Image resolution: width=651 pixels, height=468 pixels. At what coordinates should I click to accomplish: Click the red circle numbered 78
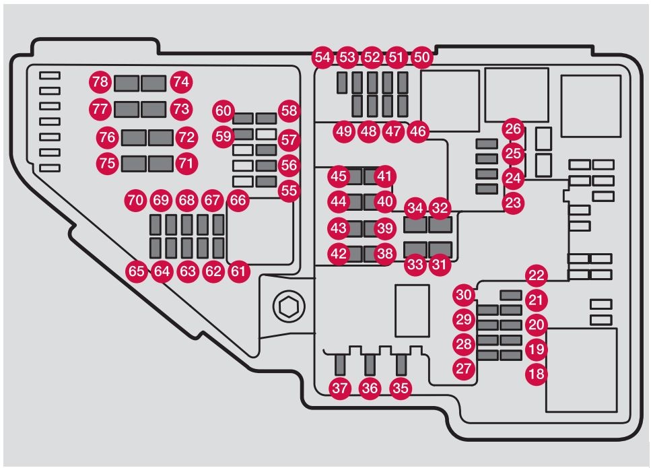(100, 81)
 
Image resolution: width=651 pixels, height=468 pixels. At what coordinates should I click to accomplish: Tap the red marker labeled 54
(322, 57)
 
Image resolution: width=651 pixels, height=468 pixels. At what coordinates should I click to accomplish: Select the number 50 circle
(422, 57)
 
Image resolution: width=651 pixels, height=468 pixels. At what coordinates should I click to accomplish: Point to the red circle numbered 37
(340, 389)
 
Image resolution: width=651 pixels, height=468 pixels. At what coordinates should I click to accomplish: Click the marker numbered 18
(537, 374)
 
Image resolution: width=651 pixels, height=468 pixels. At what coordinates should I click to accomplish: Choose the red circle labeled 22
(537, 275)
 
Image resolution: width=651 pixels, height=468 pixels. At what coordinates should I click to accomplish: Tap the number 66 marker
(238, 201)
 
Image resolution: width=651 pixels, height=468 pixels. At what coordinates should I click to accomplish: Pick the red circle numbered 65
(137, 271)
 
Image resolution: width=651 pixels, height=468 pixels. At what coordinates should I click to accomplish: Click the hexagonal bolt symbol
(289, 306)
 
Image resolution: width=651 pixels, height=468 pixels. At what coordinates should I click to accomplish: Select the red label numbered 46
(418, 131)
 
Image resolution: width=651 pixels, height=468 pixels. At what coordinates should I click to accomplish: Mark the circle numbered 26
(513, 129)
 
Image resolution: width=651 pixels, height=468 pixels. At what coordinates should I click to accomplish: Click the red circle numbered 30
(464, 295)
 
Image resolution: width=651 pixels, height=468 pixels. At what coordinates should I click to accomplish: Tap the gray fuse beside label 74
(153, 83)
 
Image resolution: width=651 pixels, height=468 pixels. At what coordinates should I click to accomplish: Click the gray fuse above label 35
(401, 364)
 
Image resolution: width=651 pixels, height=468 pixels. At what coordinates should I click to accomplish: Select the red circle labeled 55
(289, 191)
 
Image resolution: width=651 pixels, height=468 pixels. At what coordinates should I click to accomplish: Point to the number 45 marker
(339, 176)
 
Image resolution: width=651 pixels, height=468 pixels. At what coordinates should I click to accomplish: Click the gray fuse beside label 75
(134, 164)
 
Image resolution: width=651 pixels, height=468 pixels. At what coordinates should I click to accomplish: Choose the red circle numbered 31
(439, 265)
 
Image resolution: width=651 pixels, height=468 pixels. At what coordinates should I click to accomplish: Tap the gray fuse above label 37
(340, 364)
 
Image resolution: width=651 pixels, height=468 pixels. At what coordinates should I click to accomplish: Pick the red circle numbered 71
(186, 163)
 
